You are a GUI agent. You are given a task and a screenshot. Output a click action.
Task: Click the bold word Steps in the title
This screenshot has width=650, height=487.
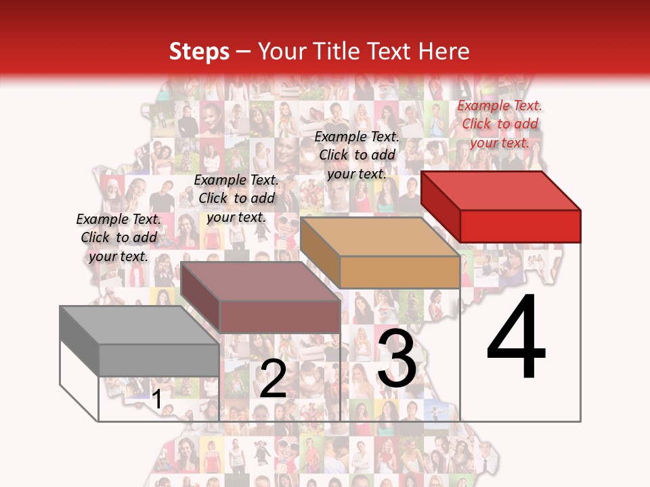pyautogui.click(x=199, y=51)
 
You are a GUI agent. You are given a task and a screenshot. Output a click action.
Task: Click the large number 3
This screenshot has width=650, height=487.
pyautogui.click(x=397, y=358)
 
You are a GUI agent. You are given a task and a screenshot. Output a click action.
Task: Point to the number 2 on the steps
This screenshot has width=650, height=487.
pyautogui.click(x=273, y=379)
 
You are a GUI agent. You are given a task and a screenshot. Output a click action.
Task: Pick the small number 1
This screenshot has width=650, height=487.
pyautogui.click(x=157, y=400)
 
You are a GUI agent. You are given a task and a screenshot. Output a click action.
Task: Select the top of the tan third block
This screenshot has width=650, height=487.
pyautogui.click(x=380, y=237)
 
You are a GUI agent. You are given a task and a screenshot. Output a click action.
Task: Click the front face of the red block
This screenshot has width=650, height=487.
pyautogui.click(x=520, y=226)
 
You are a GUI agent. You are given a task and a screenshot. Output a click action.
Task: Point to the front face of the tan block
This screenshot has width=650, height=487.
pyautogui.click(x=399, y=272)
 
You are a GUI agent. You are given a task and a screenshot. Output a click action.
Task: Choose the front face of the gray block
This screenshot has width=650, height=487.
pyautogui.click(x=158, y=360)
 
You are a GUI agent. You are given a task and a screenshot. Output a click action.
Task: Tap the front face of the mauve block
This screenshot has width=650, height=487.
pyautogui.click(x=280, y=317)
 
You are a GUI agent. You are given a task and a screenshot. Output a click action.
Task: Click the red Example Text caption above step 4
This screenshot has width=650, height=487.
pyautogui.click(x=500, y=124)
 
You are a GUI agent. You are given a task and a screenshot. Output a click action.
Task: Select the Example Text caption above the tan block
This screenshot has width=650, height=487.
pyautogui.click(x=357, y=155)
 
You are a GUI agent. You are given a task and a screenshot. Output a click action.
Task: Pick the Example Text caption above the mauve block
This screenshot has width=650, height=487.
pyautogui.click(x=236, y=198)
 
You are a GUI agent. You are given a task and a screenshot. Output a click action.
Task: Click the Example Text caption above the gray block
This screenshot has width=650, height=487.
pyautogui.click(x=118, y=237)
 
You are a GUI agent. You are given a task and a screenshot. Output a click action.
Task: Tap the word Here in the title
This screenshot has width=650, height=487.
pyautogui.click(x=445, y=51)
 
